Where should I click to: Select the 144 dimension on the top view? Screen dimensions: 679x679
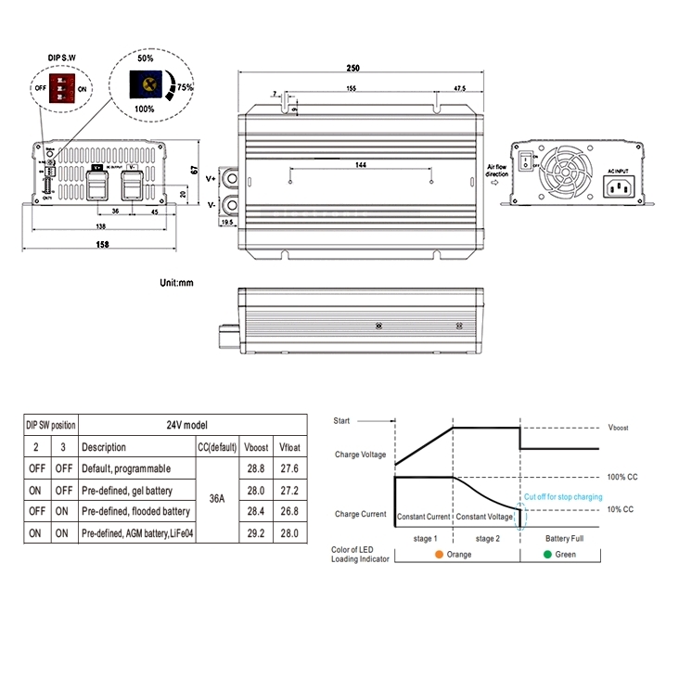361,164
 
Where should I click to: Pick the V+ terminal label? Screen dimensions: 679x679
211,176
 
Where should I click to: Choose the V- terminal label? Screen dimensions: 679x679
211,204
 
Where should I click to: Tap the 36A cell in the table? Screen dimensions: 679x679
216,498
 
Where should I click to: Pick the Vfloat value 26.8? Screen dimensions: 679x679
288,510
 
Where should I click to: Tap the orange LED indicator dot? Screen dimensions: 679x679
437,555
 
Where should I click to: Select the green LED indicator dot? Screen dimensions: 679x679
548,555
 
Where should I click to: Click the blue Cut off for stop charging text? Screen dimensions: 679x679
563,497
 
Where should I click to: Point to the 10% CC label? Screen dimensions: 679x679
621,509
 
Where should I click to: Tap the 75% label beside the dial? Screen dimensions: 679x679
186,87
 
